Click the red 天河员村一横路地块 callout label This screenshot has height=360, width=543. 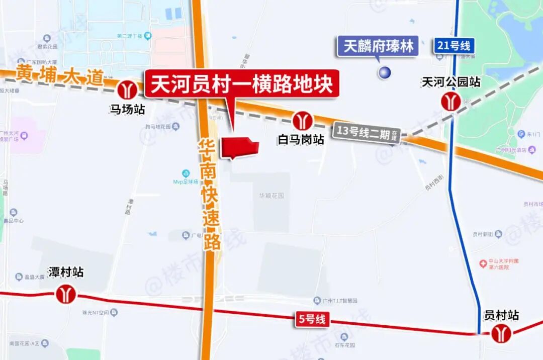tap(242, 84)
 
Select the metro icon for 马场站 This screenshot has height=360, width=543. tap(128, 90)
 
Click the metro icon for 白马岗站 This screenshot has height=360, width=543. tap(303, 121)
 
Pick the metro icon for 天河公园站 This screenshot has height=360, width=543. tap(450, 101)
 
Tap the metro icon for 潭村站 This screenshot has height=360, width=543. tap(65, 294)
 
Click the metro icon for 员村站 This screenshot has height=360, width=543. tap(501, 333)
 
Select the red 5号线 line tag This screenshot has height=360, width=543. tap(312, 319)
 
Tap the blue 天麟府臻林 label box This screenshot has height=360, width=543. tap(379, 47)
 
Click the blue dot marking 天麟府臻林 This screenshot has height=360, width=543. tap(385, 72)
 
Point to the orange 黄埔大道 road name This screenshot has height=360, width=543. tap(60, 75)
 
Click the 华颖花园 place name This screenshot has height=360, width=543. tap(271, 195)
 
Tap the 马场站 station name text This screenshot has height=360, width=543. tap(128, 109)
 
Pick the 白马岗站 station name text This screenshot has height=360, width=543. tap(301, 139)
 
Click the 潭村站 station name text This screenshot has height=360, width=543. tap(65, 273)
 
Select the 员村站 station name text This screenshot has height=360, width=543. tap(501, 315)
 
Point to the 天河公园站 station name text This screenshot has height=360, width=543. tap(450, 82)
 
